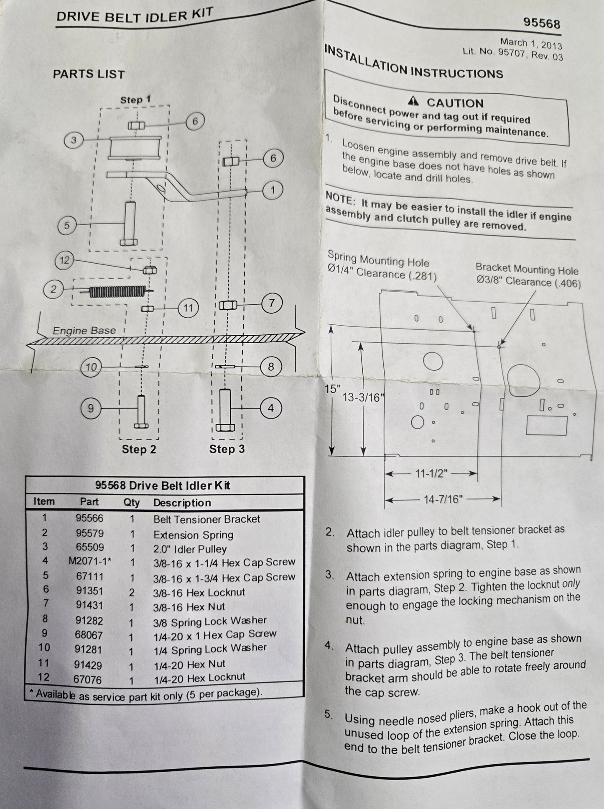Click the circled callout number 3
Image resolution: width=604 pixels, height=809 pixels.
pyautogui.click(x=74, y=139)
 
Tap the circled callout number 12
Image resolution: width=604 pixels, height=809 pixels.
pyautogui.click(x=64, y=260)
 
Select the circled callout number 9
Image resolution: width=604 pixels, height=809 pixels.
pyautogui.click(x=91, y=408)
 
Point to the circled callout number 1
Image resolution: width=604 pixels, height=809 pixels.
pyautogui.click(x=273, y=190)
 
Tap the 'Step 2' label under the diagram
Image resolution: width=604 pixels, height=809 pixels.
pyautogui.click(x=139, y=449)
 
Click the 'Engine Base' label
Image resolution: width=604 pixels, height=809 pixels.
pyautogui.click(x=84, y=331)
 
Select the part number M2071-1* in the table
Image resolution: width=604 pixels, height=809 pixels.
pyautogui.click(x=89, y=561)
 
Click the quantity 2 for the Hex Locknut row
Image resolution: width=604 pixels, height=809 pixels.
pyautogui.click(x=132, y=592)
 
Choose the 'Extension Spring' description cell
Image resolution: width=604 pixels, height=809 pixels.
pyautogui.click(x=193, y=534)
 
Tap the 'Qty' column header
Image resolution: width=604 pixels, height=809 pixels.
pyautogui.click(x=132, y=502)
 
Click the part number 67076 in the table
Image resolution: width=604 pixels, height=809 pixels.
pyautogui.click(x=88, y=679)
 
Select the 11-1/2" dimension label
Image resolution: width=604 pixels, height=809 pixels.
pyautogui.click(x=431, y=473)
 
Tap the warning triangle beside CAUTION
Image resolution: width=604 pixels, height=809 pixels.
pyautogui.click(x=413, y=101)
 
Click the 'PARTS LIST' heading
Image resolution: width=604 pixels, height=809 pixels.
pyautogui.click(x=89, y=74)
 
